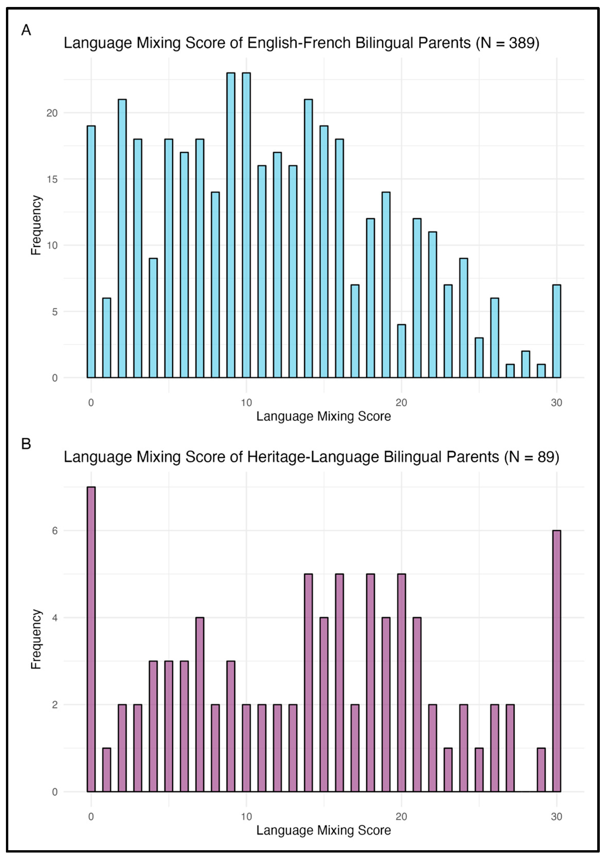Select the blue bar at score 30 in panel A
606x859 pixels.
556,331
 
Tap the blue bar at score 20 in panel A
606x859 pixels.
401,351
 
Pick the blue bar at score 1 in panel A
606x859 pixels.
106,338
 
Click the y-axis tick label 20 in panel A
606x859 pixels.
52,113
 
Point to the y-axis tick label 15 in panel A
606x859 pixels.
52,179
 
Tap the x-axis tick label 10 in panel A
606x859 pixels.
246,403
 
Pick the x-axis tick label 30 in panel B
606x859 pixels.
556,817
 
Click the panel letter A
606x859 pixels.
26,30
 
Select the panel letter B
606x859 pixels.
26,444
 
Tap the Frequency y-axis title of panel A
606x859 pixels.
36,225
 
